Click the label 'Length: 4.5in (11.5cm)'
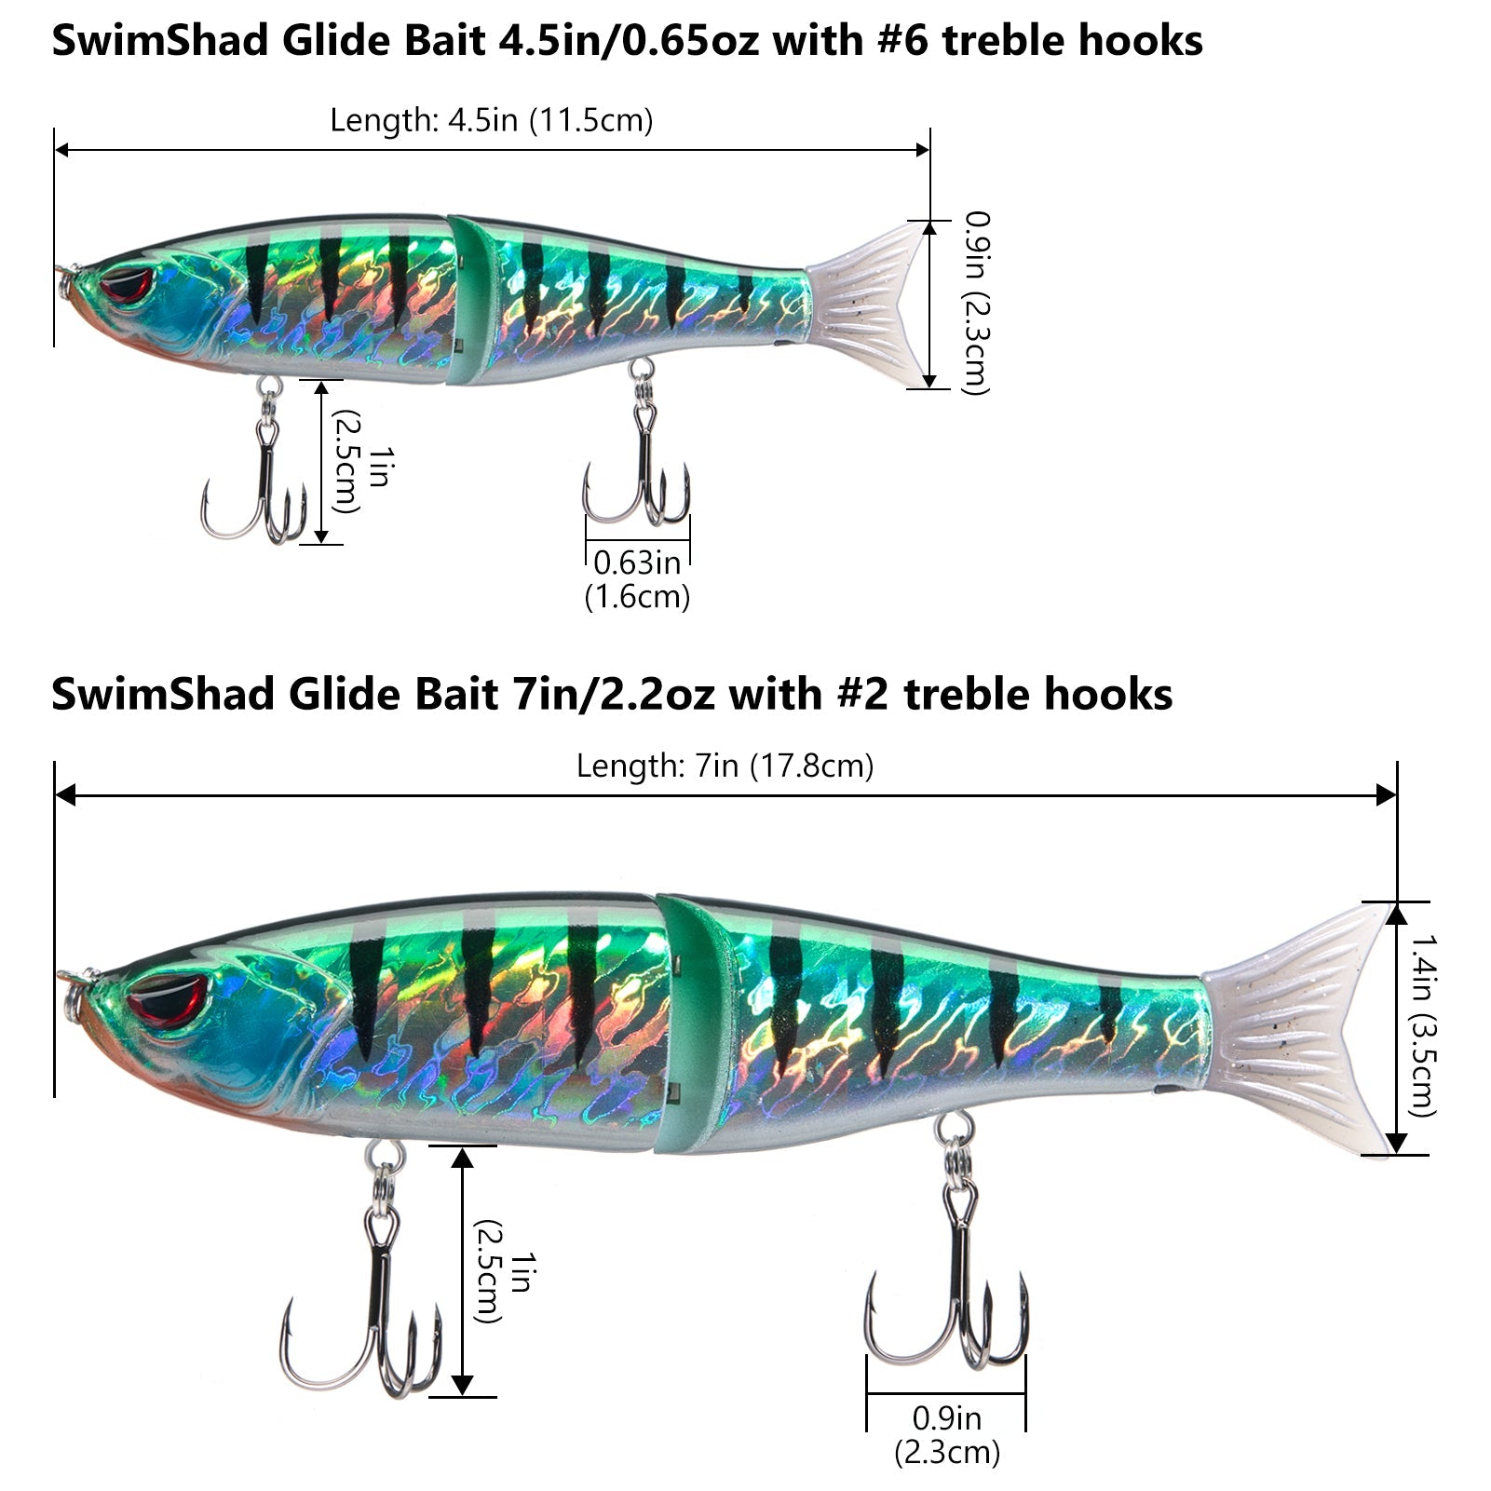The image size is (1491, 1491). (x=491, y=120)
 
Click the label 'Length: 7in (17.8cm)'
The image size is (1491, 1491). (x=725, y=766)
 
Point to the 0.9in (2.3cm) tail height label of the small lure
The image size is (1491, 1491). (x=976, y=303)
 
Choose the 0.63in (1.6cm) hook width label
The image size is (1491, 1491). (x=637, y=578)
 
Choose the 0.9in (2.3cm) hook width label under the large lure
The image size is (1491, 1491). (x=946, y=1434)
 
